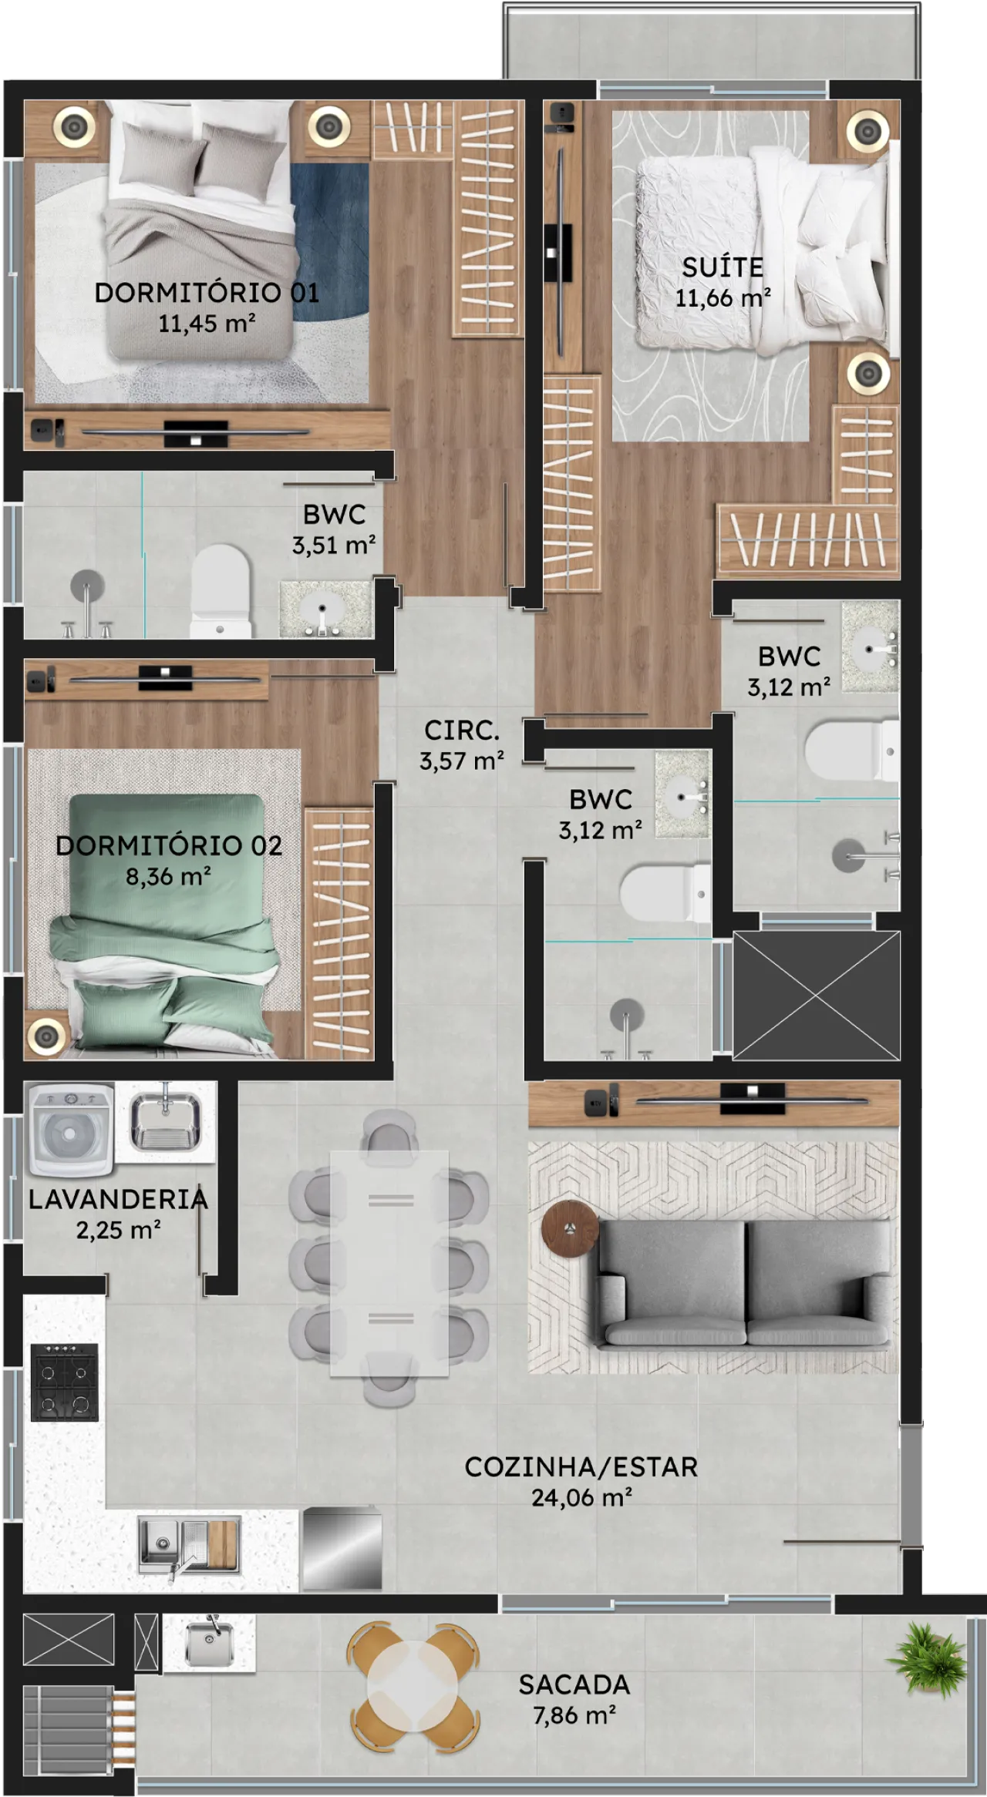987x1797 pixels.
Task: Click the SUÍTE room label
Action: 723,267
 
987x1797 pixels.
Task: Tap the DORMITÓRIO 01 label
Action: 207,292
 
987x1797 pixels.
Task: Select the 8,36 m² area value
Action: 168,876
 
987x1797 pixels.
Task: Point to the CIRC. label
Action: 462,730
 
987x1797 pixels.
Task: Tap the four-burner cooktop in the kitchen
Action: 65,1382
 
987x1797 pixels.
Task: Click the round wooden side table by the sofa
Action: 571,1228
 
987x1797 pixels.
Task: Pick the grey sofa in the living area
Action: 745,1283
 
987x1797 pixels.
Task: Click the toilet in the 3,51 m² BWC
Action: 221,591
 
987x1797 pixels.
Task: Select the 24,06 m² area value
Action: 581,1497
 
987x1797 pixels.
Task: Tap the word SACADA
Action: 574,1684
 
